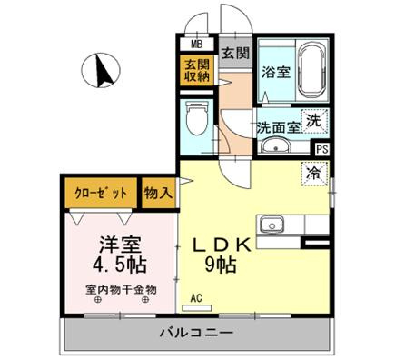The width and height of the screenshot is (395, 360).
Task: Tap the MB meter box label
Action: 196,43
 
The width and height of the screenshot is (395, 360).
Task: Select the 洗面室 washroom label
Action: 276,127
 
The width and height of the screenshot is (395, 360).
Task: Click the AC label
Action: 196,297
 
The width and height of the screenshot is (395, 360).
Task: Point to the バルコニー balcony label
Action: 198,333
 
